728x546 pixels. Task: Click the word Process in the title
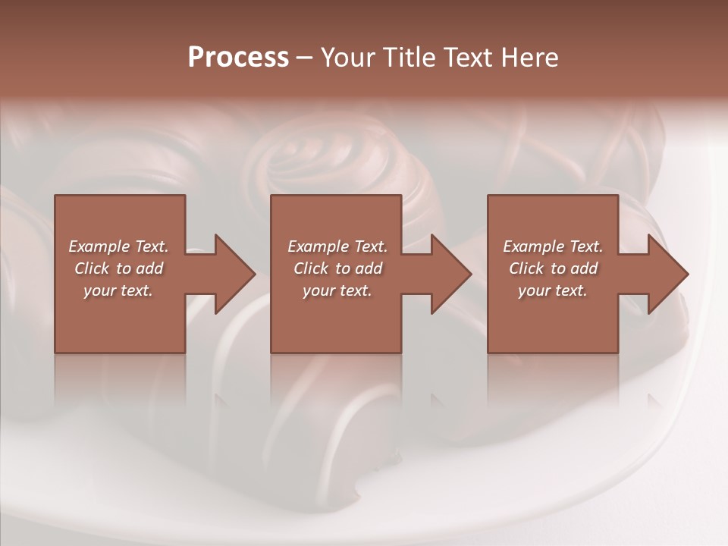(x=238, y=58)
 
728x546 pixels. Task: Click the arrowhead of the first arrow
(x=235, y=274)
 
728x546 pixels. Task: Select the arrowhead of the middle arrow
(x=451, y=274)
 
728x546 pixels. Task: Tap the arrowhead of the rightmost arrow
(x=668, y=274)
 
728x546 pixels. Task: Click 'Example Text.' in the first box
(x=118, y=246)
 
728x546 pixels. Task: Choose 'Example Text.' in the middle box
(x=337, y=246)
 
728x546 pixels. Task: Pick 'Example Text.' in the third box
(x=553, y=246)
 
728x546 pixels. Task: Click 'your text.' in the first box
(x=118, y=290)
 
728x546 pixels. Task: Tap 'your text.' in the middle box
(x=337, y=290)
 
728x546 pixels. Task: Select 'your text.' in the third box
(x=553, y=290)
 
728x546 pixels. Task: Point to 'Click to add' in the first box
(x=118, y=268)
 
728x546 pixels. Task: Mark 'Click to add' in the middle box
(x=337, y=268)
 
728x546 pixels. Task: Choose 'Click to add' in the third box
(x=553, y=268)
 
